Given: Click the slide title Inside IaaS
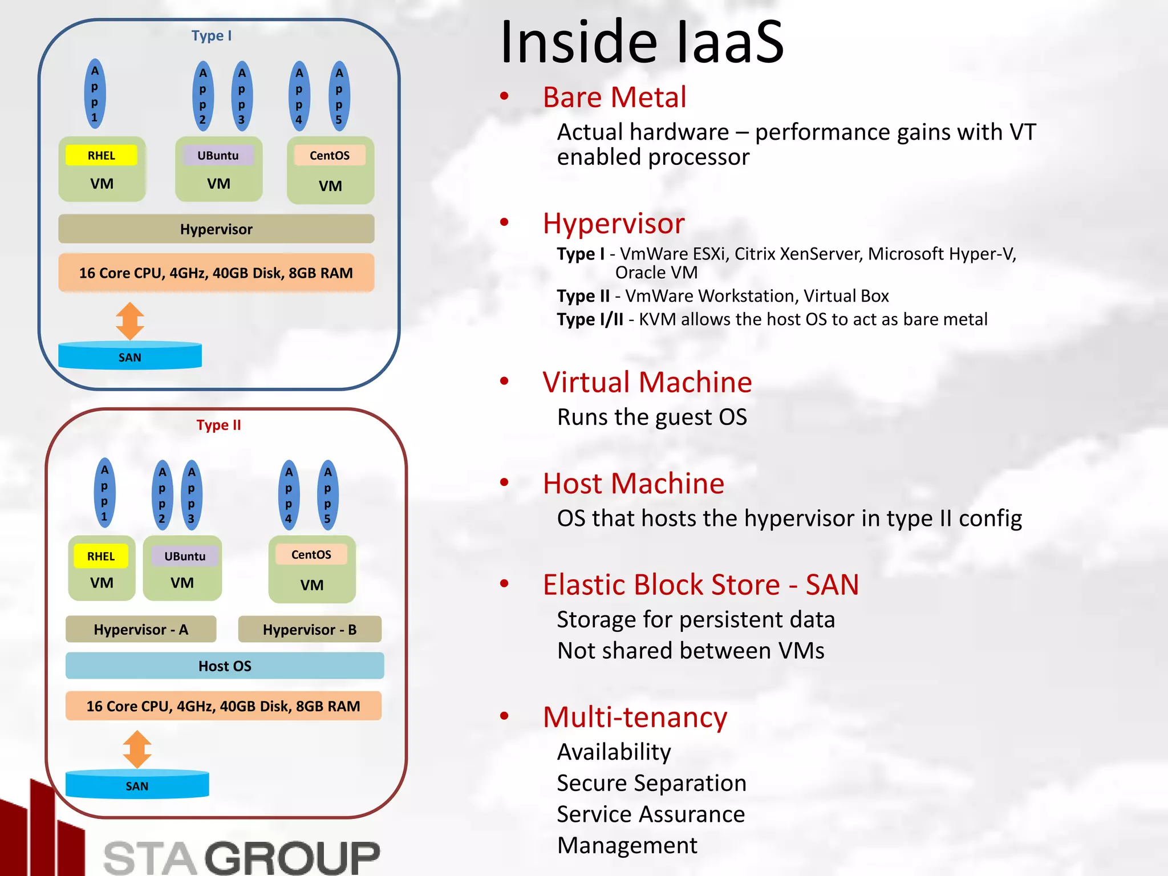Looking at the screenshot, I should (x=642, y=43).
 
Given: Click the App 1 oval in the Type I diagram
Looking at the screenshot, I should (x=95, y=94).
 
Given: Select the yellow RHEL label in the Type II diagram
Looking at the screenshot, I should (x=101, y=556).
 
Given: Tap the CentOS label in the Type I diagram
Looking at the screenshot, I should (x=330, y=155).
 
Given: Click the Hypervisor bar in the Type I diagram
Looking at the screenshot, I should (x=216, y=229).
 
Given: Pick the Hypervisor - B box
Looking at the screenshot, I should (x=310, y=630).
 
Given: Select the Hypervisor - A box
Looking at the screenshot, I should (x=141, y=630).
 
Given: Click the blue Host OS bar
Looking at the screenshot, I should (x=225, y=666).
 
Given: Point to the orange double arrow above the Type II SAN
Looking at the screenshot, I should (x=137, y=749).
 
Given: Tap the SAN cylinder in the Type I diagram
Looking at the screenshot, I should (x=130, y=356).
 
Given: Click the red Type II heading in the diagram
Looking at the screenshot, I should (x=218, y=425).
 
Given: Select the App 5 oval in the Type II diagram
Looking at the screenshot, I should (x=328, y=495).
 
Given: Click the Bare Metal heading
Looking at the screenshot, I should (x=614, y=98).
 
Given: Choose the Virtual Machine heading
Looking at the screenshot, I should (x=647, y=382).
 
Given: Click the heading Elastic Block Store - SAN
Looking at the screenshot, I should (x=700, y=585).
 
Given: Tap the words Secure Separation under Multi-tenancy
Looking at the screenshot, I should (x=651, y=783).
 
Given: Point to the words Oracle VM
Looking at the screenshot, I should (x=656, y=273).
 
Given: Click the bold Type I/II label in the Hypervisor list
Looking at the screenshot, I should (x=590, y=319).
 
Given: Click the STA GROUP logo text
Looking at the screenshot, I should (x=242, y=857).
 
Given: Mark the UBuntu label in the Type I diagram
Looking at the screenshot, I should (x=218, y=155).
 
